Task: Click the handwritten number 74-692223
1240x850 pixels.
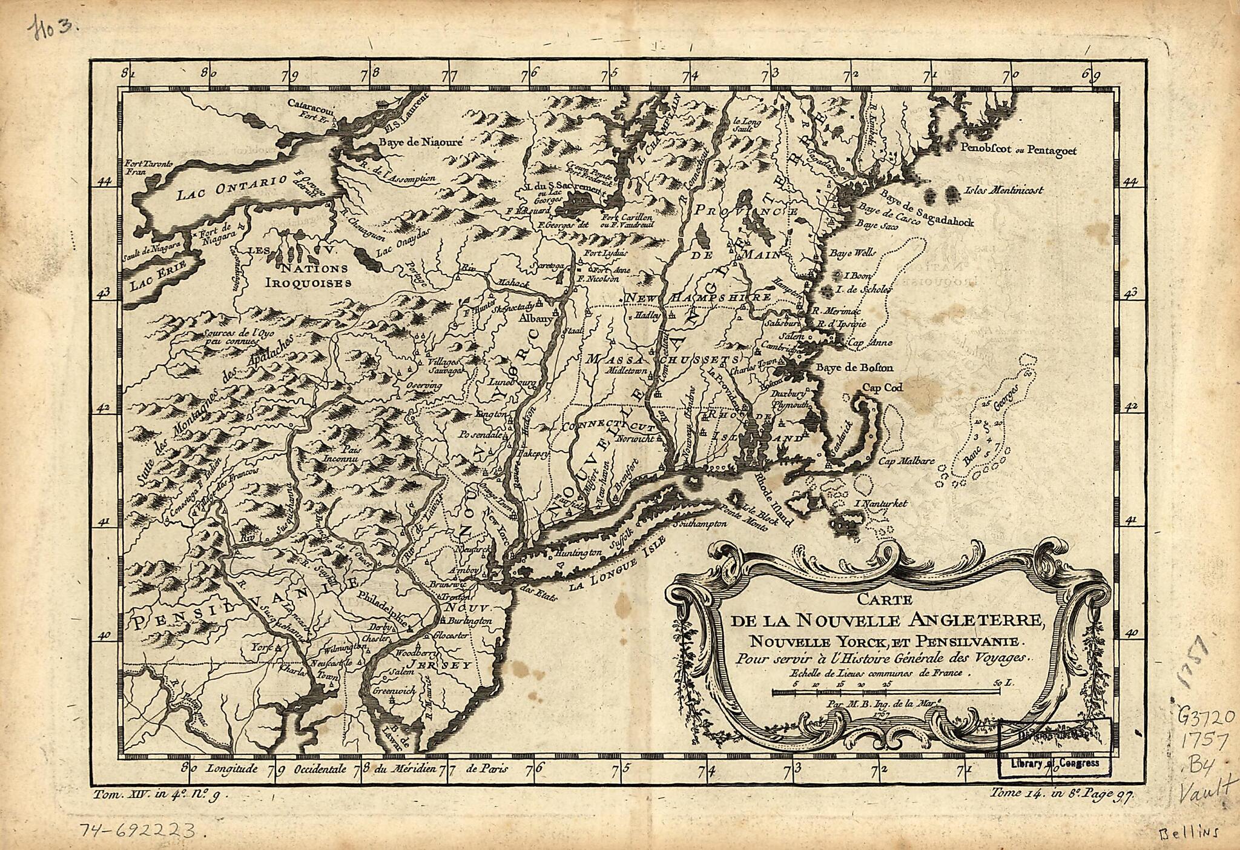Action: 143,829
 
